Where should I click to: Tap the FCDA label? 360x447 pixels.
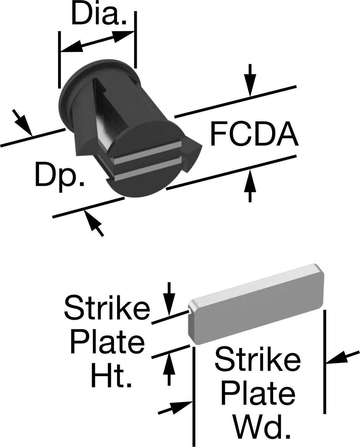254,134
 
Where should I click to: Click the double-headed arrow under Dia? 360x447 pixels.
97,41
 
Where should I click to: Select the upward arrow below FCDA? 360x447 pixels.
250,186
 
